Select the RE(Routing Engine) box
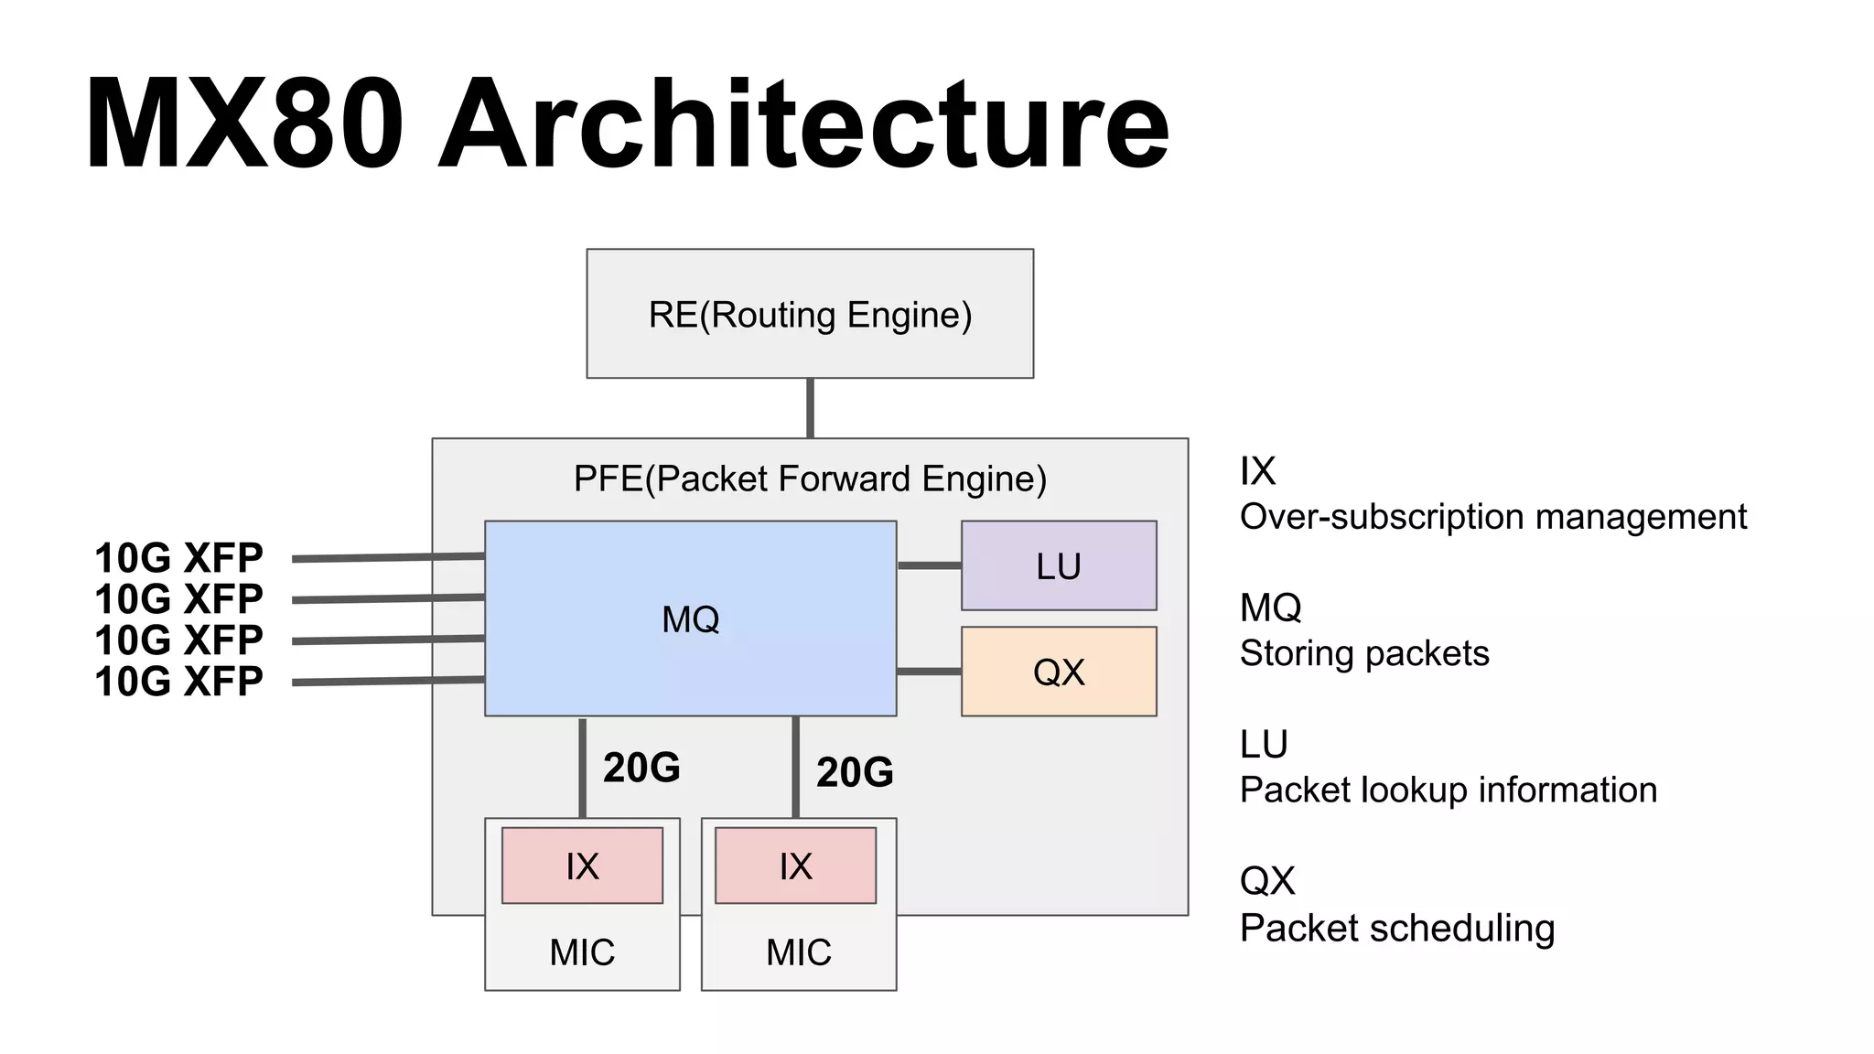[x=810, y=314]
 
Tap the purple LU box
[x=1059, y=566]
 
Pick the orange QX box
[x=1059, y=672]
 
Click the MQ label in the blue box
[x=690, y=619]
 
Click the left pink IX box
[x=582, y=866]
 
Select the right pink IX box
[x=795, y=866]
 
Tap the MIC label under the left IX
[x=582, y=952]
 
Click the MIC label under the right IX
[x=799, y=952]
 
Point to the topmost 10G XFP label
[x=178, y=557]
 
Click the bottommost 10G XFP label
[x=178, y=682]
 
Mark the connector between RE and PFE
[x=810, y=408]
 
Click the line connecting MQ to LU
[x=929, y=565]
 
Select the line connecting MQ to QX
[x=929, y=672]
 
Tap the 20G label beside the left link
[x=641, y=768]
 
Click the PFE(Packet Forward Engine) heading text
[x=810, y=479]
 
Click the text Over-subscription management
[x=1492, y=517]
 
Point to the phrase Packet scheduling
[x=1396, y=928]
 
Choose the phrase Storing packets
[x=1363, y=653]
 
